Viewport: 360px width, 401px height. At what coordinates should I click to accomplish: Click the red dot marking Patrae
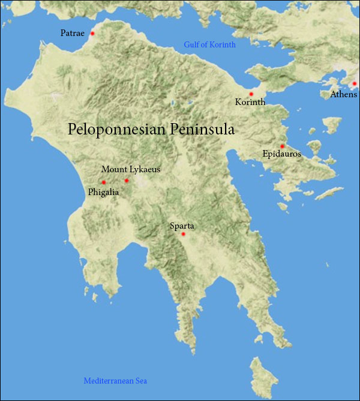[92, 34]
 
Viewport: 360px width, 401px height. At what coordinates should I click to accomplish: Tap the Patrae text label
[73, 33]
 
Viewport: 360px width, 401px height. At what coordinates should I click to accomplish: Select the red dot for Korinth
[251, 94]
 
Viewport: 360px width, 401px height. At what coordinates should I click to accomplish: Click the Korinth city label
[250, 103]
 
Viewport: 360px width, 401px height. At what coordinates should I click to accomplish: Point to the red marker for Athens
[355, 84]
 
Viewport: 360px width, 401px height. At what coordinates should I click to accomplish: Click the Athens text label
[343, 94]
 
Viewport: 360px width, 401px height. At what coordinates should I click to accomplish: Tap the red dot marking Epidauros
[282, 146]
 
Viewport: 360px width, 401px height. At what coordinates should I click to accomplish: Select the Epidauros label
[282, 154]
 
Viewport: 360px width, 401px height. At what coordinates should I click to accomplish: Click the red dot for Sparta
[184, 234]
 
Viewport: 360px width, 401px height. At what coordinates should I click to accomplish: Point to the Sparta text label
[182, 226]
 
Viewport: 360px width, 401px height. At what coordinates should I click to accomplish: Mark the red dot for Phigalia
[104, 182]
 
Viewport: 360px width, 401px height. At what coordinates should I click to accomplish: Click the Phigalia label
[104, 192]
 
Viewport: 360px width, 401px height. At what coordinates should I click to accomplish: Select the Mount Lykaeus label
[131, 170]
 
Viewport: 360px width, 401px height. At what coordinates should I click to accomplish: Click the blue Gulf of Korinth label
[209, 45]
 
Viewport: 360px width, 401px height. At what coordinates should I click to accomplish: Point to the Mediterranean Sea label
[115, 381]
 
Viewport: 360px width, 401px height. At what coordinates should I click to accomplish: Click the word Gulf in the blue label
[191, 45]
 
